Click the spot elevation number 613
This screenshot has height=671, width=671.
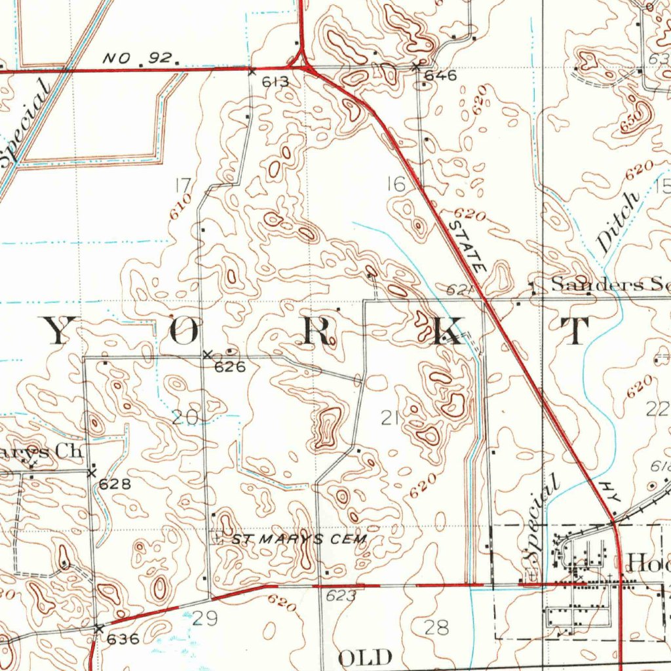[275, 82]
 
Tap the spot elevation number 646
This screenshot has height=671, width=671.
[440, 75]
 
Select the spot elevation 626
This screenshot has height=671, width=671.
[231, 367]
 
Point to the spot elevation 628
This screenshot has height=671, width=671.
[115, 484]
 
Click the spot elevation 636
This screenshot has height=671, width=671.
[123, 639]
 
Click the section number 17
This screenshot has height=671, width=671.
[183, 186]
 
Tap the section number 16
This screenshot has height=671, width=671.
[396, 185]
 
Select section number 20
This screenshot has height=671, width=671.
[183, 417]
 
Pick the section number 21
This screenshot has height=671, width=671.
[389, 417]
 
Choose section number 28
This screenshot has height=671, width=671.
[436, 627]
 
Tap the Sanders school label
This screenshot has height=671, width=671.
[606, 284]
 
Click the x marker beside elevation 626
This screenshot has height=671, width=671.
[208, 355]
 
